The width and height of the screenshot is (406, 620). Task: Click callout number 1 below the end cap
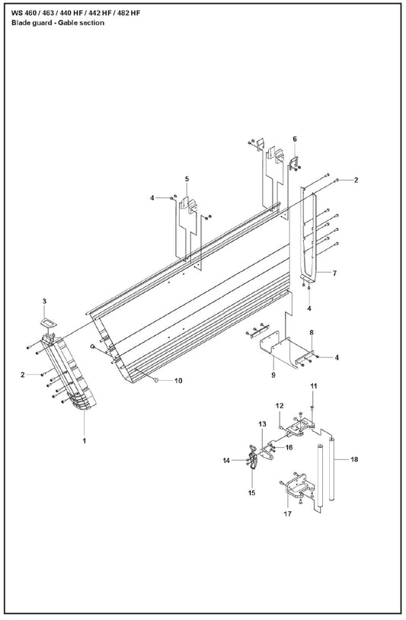[85, 440]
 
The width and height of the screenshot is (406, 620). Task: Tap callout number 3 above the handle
[44, 302]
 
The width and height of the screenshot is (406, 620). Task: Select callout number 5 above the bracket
[187, 179]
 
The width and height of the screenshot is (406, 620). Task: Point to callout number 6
[295, 139]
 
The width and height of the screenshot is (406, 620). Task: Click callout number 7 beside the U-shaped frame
[334, 273]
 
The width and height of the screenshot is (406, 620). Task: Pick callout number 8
[312, 333]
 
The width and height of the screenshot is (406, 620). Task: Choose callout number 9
[273, 375]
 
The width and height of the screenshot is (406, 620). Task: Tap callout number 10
[178, 381]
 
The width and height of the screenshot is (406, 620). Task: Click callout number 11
[313, 386]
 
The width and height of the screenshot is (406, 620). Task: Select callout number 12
[280, 406]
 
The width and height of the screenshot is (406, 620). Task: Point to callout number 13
[263, 424]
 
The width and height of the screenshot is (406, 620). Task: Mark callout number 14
[226, 461]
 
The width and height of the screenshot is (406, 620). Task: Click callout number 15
[252, 493]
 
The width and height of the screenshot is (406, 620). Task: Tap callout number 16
[289, 447]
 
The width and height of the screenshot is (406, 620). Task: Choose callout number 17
[287, 513]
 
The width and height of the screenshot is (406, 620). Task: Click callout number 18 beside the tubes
[354, 459]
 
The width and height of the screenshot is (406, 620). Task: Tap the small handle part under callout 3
[48, 323]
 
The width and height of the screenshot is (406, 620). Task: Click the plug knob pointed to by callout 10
[155, 380]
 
